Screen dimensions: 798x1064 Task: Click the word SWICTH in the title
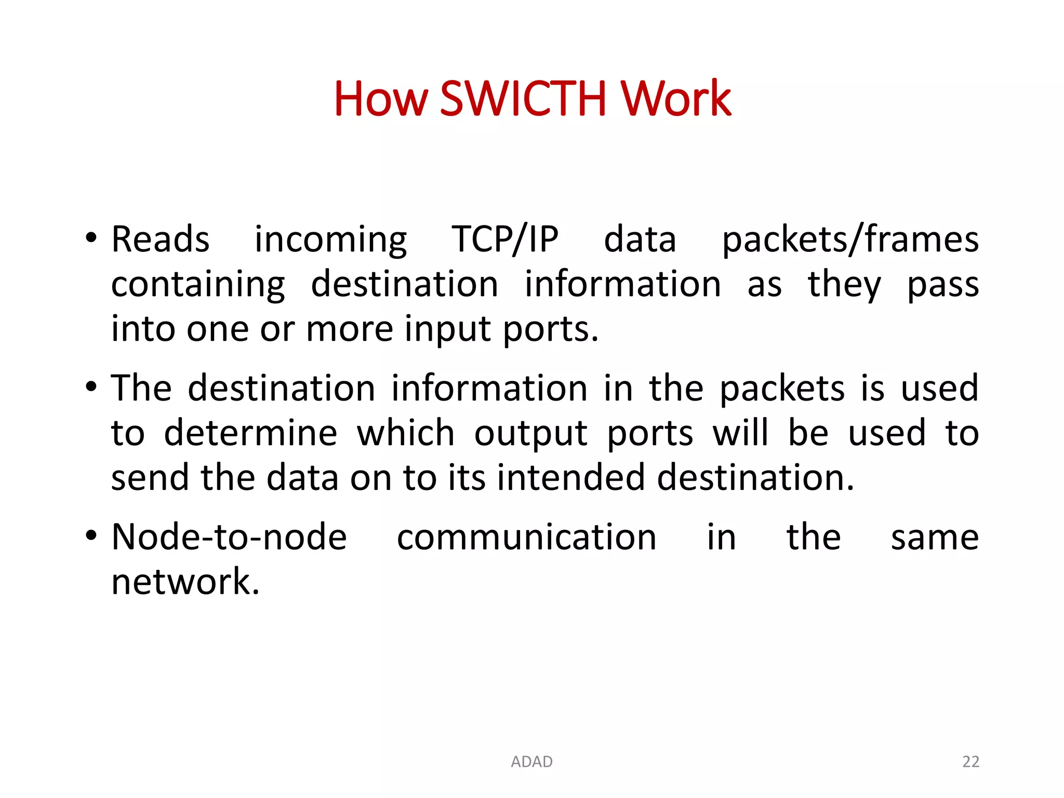pyautogui.click(x=523, y=99)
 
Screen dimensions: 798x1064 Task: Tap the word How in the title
pyautogui.click(x=381, y=99)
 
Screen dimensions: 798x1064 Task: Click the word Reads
pyautogui.click(x=161, y=240)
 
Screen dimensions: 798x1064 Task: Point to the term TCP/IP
pyautogui.click(x=505, y=240)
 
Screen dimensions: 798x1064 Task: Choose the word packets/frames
pyautogui.click(x=850, y=240)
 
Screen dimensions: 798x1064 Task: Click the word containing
pyautogui.click(x=198, y=285)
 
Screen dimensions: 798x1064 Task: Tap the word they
pyautogui.click(x=844, y=285)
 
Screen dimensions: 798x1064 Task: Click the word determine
pyautogui.click(x=250, y=433)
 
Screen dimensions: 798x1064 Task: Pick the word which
pyautogui.click(x=405, y=433)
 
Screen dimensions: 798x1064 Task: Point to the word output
pyautogui.click(x=530, y=433)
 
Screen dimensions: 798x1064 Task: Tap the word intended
pyautogui.click(x=570, y=477)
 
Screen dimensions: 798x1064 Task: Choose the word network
pyautogui.click(x=185, y=581)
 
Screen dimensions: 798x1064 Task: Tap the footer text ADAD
pyautogui.click(x=531, y=762)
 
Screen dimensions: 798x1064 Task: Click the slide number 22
pyautogui.click(x=970, y=762)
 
